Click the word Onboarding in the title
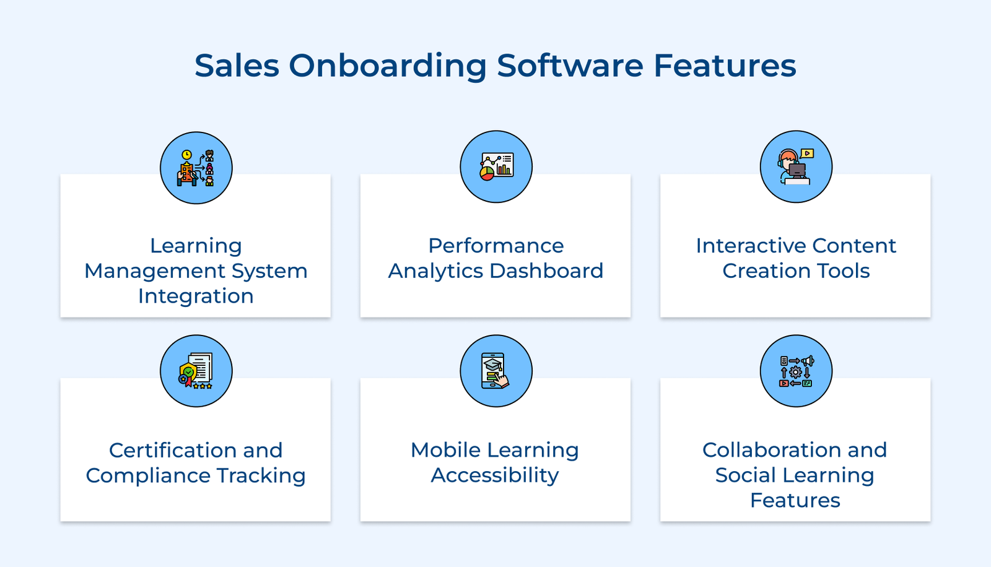coord(387,66)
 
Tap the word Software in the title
coord(570,66)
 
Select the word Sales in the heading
coord(237,66)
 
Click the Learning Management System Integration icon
coord(196,168)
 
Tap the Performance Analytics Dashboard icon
coord(496,167)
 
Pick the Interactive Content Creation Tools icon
coord(796,167)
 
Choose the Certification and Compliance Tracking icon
coord(196,371)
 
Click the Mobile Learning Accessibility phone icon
coord(496,371)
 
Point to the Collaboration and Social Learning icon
coord(796,371)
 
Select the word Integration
coord(196,296)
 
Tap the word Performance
coord(496,246)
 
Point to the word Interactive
coord(750,246)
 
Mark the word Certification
coord(171,450)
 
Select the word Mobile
coord(445,450)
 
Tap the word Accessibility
coord(495,475)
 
